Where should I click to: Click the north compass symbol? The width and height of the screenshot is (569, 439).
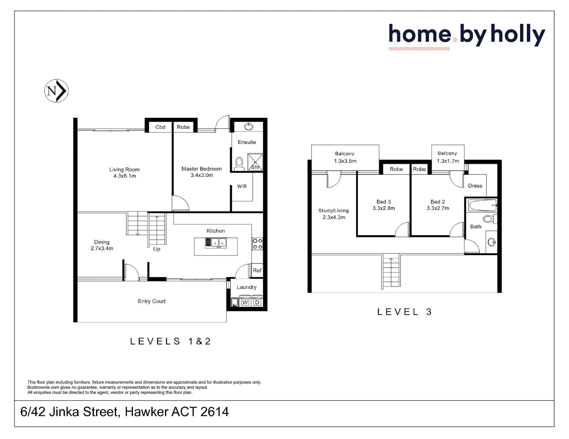click(x=56, y=91)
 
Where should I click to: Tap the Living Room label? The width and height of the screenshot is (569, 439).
click(x=125, y=170)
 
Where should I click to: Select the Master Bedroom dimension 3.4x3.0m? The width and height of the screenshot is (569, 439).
click(x=202, y=175)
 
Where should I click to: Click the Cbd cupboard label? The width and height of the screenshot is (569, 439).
click(x=160, y=127)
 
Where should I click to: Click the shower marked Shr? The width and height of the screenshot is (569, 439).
click(x=255, y=162)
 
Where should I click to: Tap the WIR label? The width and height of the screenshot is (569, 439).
click(x=242, y=186)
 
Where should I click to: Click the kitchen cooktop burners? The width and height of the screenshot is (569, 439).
click(x=257, y=244)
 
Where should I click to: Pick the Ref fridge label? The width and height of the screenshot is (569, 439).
click(x=257, y=271)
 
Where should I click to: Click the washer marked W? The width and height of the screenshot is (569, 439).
click(x=245, y=302)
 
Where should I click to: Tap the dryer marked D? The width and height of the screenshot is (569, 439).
click(x=257, y=302)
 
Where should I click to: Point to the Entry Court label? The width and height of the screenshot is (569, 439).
click(x=152, y=301)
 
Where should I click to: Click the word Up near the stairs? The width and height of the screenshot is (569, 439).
click(x=157, y=249)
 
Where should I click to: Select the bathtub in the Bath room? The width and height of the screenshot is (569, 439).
click(x=482, y=205)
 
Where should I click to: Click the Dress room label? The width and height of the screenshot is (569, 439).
click(x=475, y=186)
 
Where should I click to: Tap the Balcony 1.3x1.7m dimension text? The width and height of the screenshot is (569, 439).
click(x=448, y=161)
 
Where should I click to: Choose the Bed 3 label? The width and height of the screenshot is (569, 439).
click(x=384, y=202)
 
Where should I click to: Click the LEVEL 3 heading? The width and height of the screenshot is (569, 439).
click(x=404, y=312)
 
